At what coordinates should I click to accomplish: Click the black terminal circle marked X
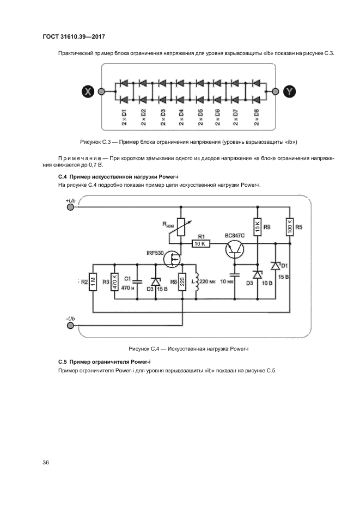(87, 91)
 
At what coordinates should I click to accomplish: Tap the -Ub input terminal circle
(70, 326)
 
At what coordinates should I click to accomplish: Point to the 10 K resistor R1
(199, 243)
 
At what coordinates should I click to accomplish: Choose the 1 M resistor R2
(94, 281)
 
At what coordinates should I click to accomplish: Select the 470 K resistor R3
(115, 281)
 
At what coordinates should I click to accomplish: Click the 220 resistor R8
(183, 281)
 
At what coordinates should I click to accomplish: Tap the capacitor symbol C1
(137, 281)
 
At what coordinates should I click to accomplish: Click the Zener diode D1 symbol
(276, 266)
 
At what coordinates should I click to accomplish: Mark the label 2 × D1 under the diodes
(124, 117)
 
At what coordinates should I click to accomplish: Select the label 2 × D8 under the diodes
(256, 117)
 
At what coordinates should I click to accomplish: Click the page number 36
(46, 463)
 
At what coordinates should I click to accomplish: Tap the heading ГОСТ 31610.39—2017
(73, 37)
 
